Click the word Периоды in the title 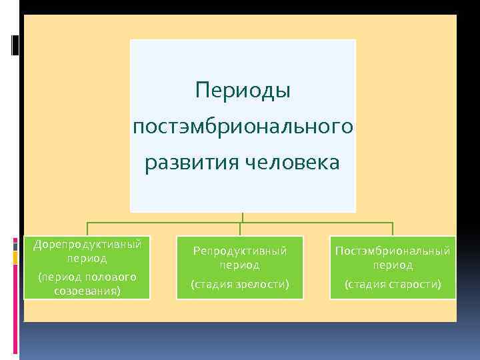pyautogui.click(x=243, y=89)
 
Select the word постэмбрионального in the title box pyautogui.click(x=243, y=125)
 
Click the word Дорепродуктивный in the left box pyautogui.click(x=87, y=244)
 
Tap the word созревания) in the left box pyautogui.click(x=87, y=291)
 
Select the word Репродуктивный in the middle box pyautogui.click(x=240, y=251)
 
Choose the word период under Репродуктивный pyautogui.click(x=240, y=265)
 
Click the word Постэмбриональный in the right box pyautogui.click(x=393, y=251)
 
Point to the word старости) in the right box pyautogui.click(x=414, y=284)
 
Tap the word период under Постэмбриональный pyautogui.click(x=393, y=265)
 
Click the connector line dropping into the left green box pyautogui.click(x=87, y=229)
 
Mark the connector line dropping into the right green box pyautogui.click(x=393, y=229)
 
